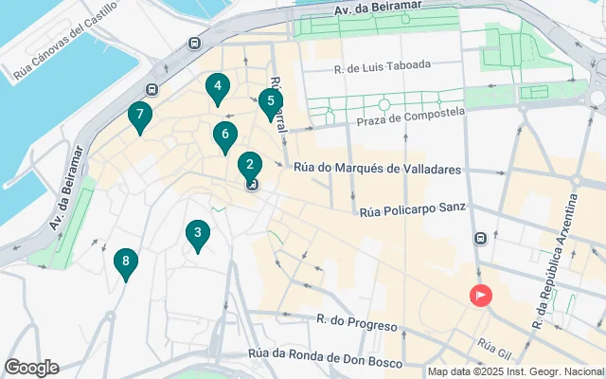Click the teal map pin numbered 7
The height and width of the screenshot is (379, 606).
(140, 117)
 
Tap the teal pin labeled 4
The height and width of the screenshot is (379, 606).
(218, 88)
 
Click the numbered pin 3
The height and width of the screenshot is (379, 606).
(197, 233)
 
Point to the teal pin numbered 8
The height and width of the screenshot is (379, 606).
(125, 262)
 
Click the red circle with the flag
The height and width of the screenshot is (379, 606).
(481, 296)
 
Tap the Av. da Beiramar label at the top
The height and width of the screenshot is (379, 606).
(375, 10)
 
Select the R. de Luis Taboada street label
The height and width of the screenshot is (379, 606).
(383, 66)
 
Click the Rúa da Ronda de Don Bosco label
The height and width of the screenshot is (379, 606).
(321, 354)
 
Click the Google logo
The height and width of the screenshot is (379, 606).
(31, 368)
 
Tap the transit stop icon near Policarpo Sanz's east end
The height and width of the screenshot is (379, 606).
(481, 239)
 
